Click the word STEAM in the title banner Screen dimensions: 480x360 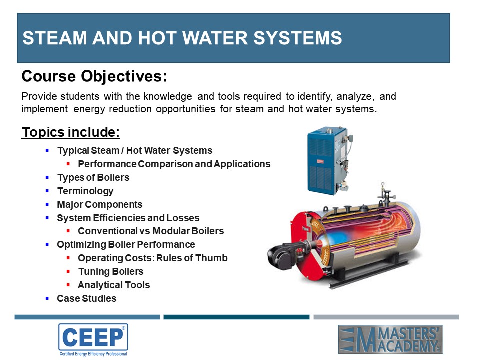(55, 38)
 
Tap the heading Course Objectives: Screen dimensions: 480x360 (94, 76)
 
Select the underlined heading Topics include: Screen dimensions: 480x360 (70, 132)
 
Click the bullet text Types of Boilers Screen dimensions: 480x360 (93, 178)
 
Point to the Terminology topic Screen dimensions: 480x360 (85, 191)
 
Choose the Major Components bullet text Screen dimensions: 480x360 (100, 204)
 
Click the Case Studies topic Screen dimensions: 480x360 (87, 298)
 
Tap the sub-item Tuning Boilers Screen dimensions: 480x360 (111, 271)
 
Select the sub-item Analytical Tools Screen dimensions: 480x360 (114, 285)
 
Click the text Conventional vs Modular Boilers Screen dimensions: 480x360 (151, 231)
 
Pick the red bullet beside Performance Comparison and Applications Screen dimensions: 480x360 (68, 164)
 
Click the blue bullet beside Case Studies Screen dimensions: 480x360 (47, 298)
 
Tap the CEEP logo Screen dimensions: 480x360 (93, 340)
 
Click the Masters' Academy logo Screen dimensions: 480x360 (390, 340)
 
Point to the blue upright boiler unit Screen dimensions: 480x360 (329, 160)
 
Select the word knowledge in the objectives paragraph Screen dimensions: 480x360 (168, 96)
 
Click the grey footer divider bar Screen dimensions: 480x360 (386, 317)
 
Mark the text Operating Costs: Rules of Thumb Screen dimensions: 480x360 (153, 258)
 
